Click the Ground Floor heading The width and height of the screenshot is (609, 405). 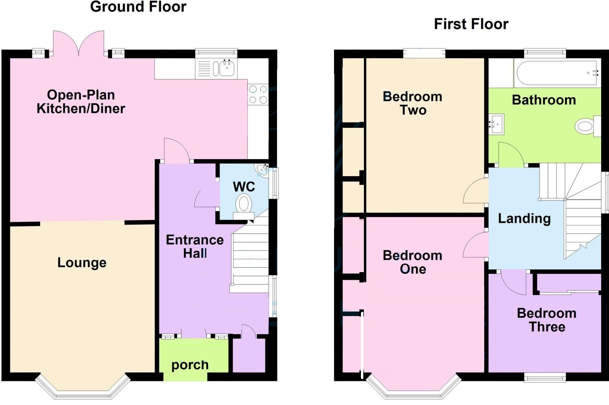[x=138, y=7]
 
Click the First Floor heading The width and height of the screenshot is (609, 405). [x=471, y=24]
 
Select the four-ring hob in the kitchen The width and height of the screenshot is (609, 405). [x=258, y=94]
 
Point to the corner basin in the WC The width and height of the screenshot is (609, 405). [x=262, y=169]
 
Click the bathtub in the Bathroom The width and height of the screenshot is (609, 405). [x=557, y=73]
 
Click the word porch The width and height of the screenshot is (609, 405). [x=190, y=365]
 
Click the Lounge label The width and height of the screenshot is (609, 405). [x=82, y=263]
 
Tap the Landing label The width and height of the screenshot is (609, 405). [x=524, y=218]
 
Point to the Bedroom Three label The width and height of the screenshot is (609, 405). [x=547, y=320]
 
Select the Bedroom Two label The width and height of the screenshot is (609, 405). [x=413, y=103]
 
